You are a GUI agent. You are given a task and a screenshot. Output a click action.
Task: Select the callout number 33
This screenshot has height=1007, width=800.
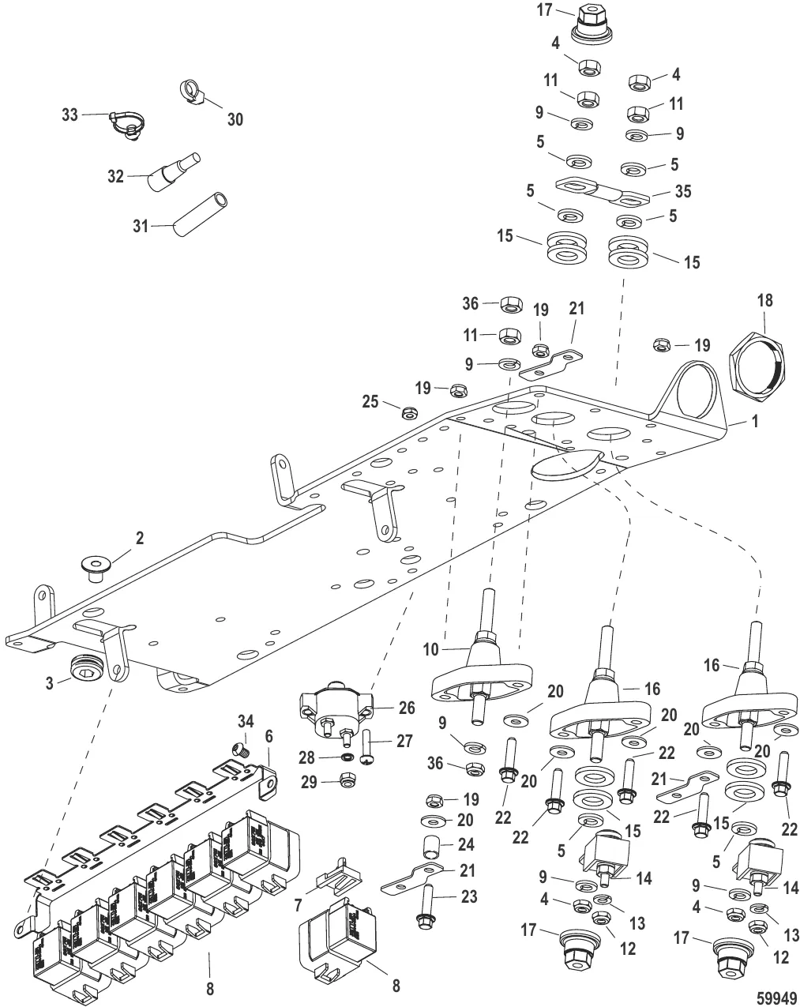[70, 115]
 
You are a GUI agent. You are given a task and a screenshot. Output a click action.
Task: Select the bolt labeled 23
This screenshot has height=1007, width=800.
[427, 907]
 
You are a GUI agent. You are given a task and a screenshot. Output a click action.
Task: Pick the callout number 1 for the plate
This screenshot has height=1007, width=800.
[755, 423]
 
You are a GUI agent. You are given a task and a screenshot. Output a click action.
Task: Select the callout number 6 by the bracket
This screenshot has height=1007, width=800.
[269, 735]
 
